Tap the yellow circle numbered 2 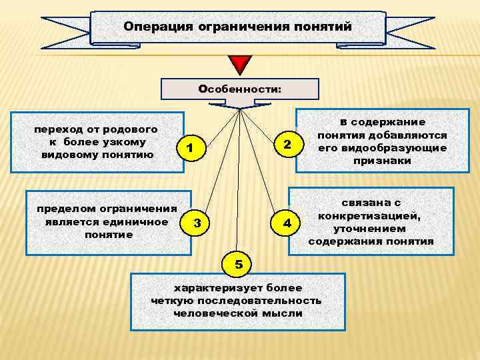(287, 145)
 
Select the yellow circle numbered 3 (196, 223)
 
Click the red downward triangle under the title (238, 65)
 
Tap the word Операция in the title (157, 27)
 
